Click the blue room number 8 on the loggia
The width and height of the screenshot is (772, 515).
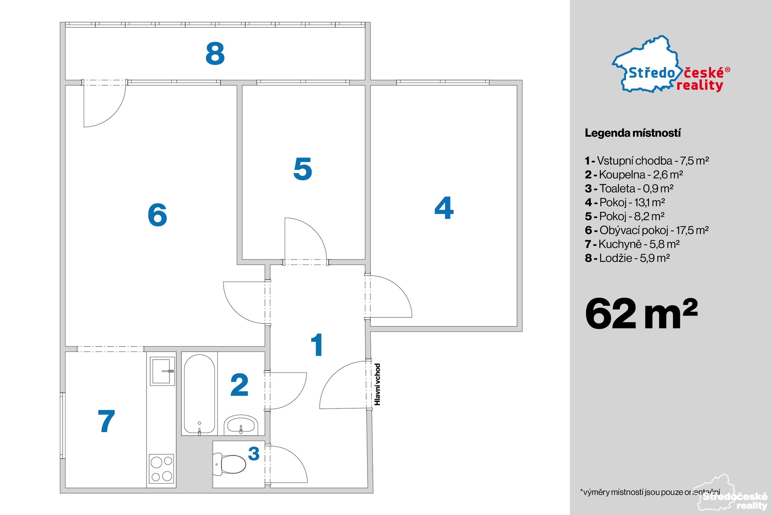[215, 54]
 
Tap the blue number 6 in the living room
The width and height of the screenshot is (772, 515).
[157, 215]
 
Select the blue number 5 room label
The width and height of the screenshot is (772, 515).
[303, 169]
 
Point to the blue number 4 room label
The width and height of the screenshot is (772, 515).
[444, 208]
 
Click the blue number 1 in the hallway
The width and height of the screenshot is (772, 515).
[317, 345]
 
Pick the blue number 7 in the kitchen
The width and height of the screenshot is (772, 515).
[107, 421]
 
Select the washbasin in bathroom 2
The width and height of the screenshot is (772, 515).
[241, 425]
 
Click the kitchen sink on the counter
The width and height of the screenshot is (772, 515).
[162, 371]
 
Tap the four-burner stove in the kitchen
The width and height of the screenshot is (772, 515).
[162, 468]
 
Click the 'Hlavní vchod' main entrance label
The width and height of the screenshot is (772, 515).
[377, 384]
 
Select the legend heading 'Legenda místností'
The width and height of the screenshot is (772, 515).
[633, 133]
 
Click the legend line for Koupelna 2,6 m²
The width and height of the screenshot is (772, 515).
[634, 175]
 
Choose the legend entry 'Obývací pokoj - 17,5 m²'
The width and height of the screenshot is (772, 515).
[647, 230]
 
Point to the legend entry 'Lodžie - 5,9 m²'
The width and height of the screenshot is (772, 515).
[627, 258]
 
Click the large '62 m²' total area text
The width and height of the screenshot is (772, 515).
[641, 313]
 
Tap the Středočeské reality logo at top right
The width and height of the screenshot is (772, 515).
[671, 66]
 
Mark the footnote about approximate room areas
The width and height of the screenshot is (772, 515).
[650, 492]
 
